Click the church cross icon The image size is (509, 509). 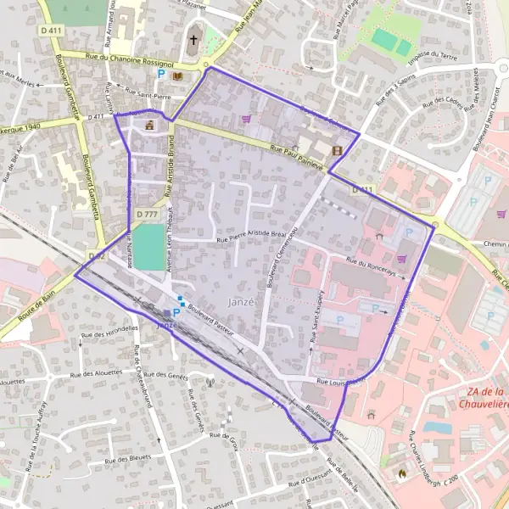click(193, 40)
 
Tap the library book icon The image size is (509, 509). click(177, 76)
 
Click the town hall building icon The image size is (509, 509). click(150, 126)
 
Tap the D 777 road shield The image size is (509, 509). click(146, 215)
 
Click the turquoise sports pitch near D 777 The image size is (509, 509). click(149, 247)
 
